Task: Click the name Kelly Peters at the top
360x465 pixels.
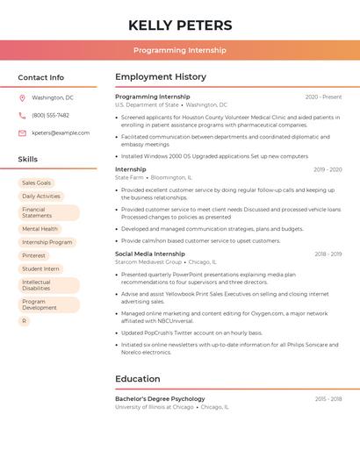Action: click(x=180, y=25)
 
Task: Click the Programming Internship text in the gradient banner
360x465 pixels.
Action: click(x=180, y=50)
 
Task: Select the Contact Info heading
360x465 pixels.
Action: click(x=41, y=77)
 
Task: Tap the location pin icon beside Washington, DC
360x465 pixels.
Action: click(x=22, y=97)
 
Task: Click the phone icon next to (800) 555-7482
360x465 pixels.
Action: click(x=22, y=115)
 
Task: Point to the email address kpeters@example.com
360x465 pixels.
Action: click(x=61, y=132)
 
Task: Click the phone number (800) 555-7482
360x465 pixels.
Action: click(x=50, y=115)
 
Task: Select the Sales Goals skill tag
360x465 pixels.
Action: click(x=37, y=182)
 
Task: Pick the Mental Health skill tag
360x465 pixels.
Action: click(x=40, y=228)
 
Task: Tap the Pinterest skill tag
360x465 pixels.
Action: click(x=34, y=255)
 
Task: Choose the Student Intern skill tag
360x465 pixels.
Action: click(x=40, y=268)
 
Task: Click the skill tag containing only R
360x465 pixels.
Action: click(x=25, y=321)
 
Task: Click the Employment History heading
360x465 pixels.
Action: click(x=161, y=77)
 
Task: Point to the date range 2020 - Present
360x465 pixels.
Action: click(x=323, y=97)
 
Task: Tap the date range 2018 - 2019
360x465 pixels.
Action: click(x=328, y=254)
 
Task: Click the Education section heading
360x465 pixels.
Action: click(x=138, y=379)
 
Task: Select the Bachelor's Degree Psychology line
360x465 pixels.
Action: click(x=160, y=398)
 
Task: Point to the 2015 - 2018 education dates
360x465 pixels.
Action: click(x=328, y=398)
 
